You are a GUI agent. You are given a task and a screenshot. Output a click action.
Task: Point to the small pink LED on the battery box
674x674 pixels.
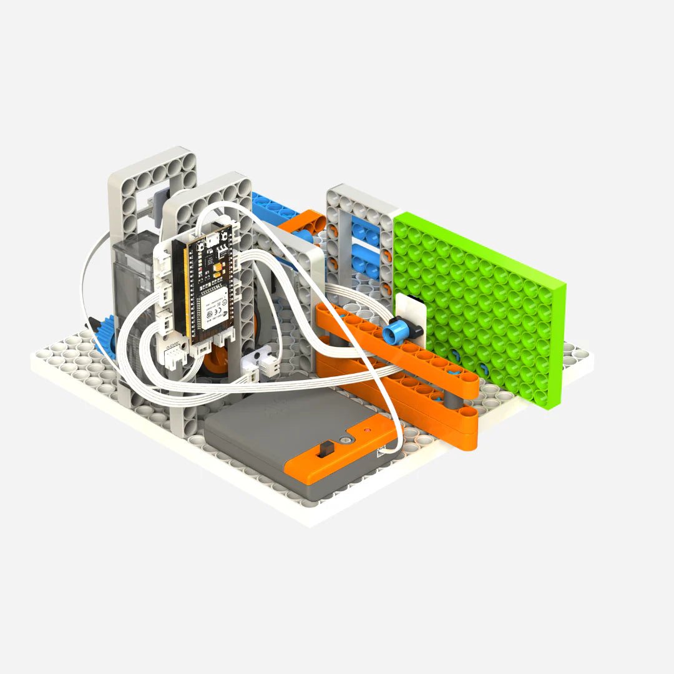(368, 431)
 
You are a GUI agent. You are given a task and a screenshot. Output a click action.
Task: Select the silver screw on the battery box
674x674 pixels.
(344, 440)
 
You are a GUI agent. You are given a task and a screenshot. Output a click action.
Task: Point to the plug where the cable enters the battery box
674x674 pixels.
(391, 448)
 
